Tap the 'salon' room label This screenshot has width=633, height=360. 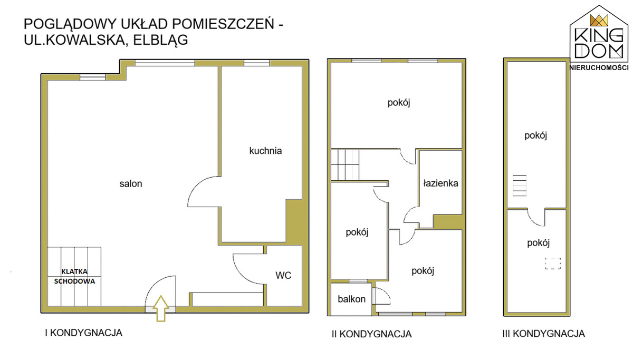pos(131,184)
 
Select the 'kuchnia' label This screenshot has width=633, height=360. pos(265,151)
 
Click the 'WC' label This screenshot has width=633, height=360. pos(283,275)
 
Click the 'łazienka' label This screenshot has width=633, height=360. pos(440,184)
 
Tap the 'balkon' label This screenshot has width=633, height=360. pos(352,299)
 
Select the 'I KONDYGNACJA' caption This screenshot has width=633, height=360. pos(83,333)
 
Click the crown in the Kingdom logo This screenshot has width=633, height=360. pos(599,21)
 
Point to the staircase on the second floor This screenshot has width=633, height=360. pos(346,164)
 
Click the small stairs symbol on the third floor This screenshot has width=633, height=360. pos(520,186)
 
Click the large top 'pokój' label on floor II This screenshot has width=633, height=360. pos(399,103)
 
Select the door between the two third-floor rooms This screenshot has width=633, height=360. pos(536,217)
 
